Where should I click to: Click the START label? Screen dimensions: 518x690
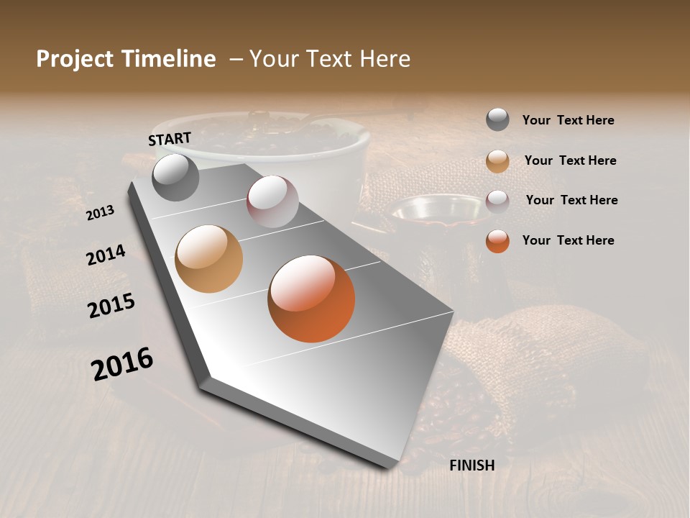tap(170, 139)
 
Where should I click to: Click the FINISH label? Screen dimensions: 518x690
tap(471, 465)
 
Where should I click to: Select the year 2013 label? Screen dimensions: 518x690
tap(100, 213)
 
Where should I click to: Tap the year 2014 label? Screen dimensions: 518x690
tap(106, 255)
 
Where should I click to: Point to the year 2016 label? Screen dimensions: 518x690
tap(122, 364)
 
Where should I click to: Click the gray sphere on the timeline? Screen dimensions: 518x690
tap(175, 177)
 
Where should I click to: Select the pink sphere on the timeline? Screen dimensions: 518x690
tap(272, 201)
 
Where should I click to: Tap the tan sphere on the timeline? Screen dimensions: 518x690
tap(209, 259)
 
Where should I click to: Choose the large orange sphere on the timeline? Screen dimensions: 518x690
tap(311, 299)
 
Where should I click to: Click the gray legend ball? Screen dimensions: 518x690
tap(497, 120)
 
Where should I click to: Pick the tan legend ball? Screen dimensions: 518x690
tap(497, 161)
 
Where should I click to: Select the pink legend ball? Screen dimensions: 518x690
tap(497, 201)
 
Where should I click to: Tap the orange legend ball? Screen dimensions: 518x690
tap(497, 241)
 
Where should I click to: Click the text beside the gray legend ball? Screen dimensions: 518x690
tap(568, 121)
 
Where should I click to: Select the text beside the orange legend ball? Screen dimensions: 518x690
tap(568, 240)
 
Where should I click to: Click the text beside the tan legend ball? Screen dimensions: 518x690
tap(570, 160)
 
